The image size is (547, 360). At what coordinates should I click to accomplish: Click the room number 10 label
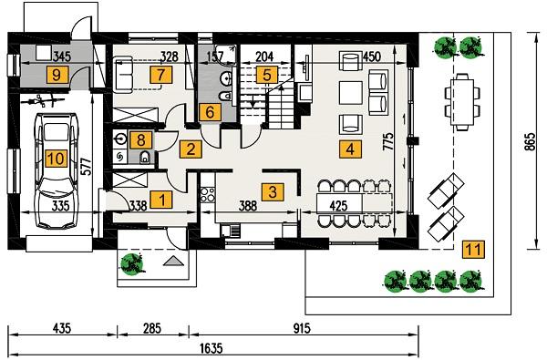[56, 159]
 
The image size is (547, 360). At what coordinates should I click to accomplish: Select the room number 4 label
[348, 147]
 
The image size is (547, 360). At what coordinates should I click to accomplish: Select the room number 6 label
[209, 112]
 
